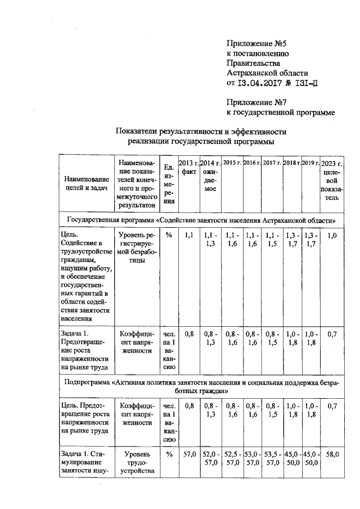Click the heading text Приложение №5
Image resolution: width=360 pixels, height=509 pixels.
254,44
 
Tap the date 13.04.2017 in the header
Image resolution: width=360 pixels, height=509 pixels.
264,83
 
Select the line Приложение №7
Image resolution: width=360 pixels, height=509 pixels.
254,102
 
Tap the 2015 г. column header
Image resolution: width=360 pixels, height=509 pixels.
232,163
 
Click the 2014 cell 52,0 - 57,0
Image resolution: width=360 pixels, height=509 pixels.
210,458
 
